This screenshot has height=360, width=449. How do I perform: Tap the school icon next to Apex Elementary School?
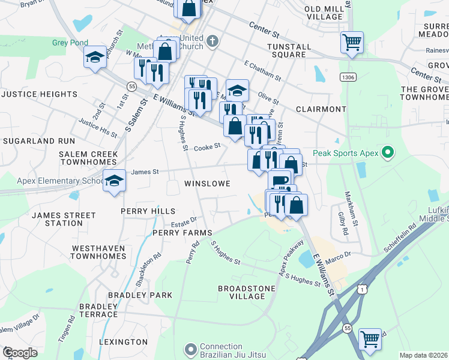[x=113, y=180]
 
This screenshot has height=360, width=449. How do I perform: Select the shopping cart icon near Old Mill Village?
[x=352, y=42]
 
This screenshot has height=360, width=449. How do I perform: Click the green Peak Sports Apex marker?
[x=387, y=153]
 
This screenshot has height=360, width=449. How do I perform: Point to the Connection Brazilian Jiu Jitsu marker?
[x=191, y=349]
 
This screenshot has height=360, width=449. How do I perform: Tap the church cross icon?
[x=211, y=41]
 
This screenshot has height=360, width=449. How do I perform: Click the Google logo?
[x=20, y=353]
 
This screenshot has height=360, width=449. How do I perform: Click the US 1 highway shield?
[x=361, y=290]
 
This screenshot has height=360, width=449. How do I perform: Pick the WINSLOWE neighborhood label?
[x=207, y=183]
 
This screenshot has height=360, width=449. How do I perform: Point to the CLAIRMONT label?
[x=321, y=109]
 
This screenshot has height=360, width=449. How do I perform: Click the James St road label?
[x=145, y=172]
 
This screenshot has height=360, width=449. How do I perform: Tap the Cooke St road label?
[x=208, y=146]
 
